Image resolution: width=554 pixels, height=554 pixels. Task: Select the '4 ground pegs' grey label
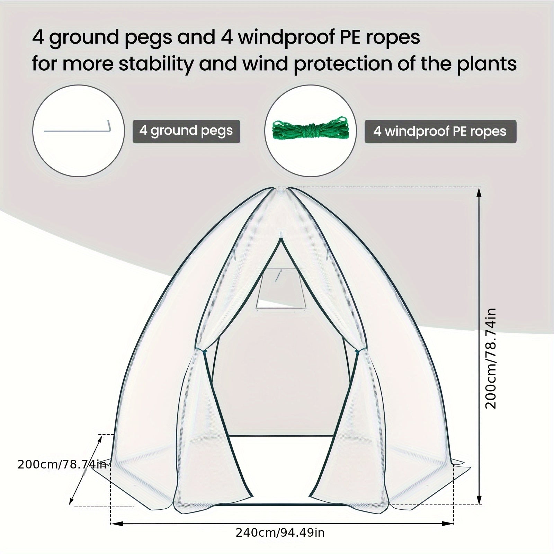[186, 131]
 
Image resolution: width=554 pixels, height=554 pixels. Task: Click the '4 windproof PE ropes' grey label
[440, 131]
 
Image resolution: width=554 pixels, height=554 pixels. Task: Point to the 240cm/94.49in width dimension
[280, 533]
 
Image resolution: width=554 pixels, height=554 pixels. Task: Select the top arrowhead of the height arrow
[479, 193]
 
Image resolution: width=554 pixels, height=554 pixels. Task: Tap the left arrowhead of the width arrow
[116, 524]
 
